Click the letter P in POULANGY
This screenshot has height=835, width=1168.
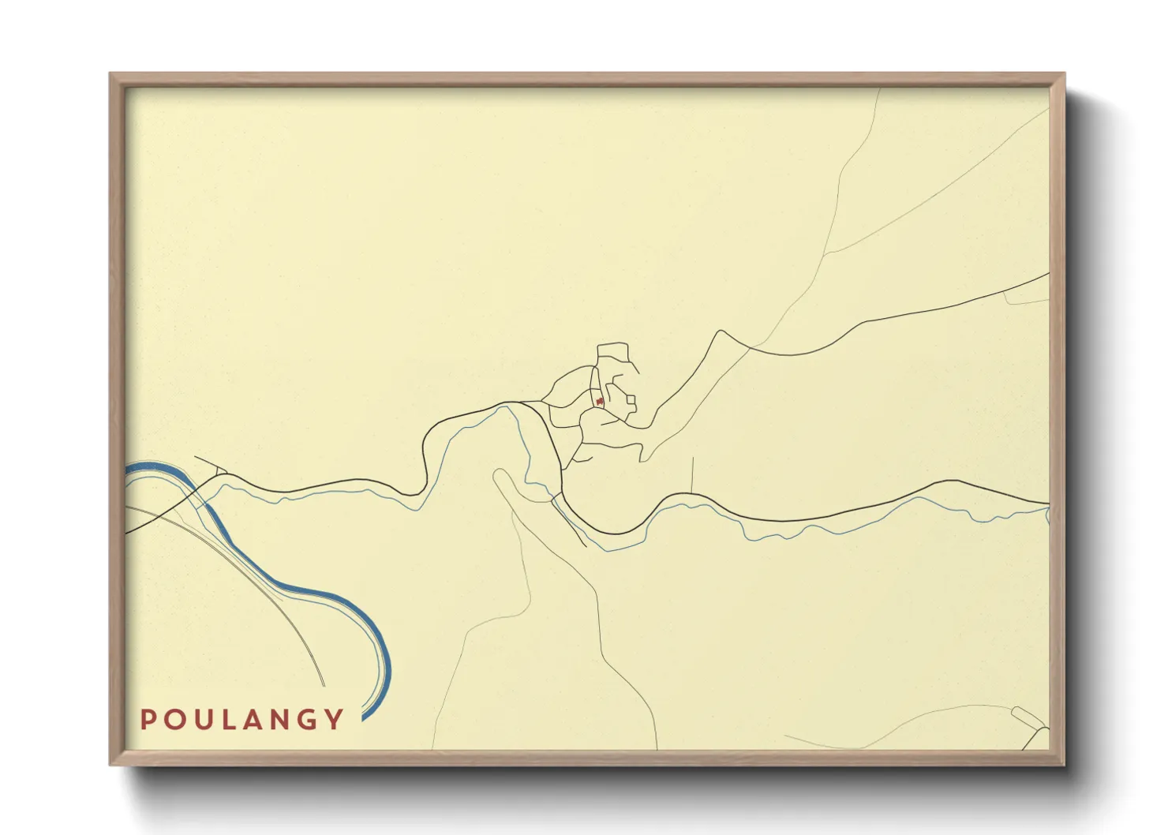coord(147,719)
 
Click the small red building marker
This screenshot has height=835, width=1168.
coord(601,402)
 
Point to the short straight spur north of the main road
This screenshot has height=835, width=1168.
coord(691,474)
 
